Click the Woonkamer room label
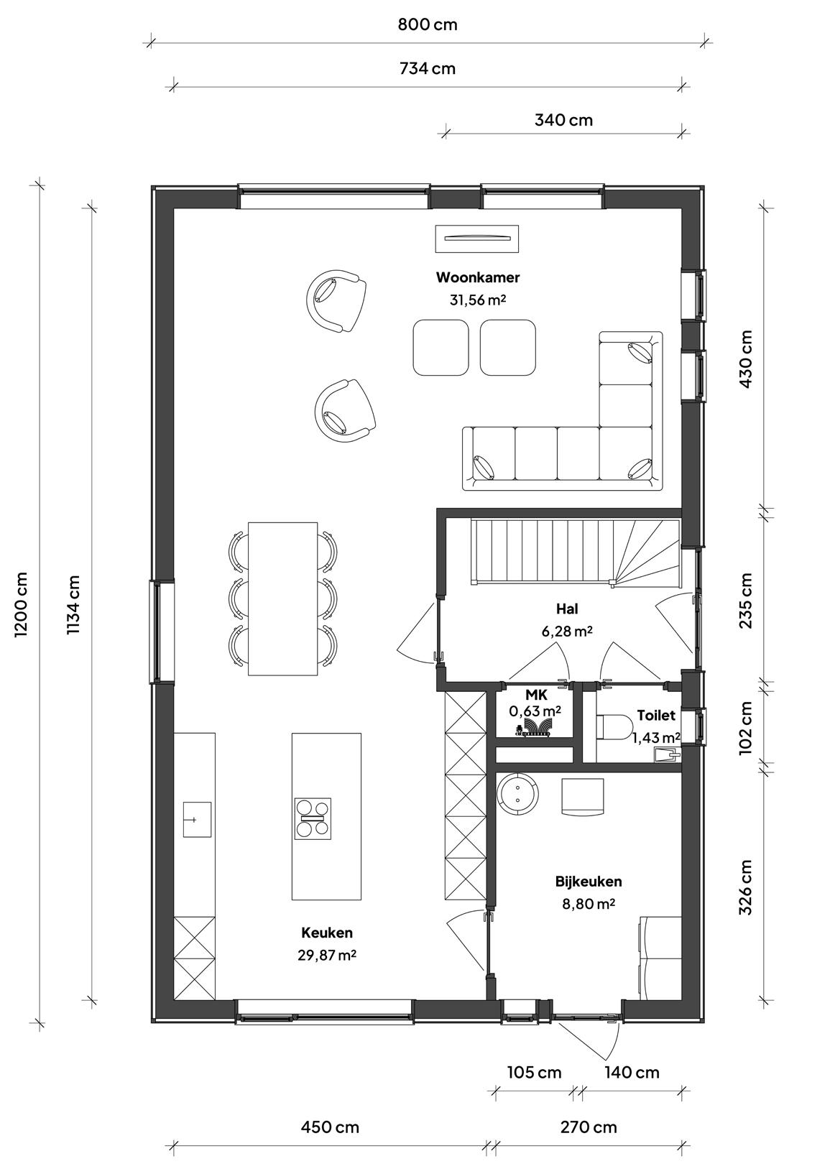coord(478,277)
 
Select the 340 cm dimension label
coord(563,120)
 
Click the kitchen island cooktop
coord(313,818)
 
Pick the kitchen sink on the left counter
coord(197,819)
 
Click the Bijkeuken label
coord(589,882)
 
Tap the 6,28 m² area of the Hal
coord(567,631)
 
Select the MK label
coord(536,695)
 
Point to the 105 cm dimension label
coord(534,1073)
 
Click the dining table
coord(282,598)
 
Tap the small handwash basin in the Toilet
coord(667,755)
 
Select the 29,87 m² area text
coord(327,955)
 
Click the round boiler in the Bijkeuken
coord(517,793)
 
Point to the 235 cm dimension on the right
coord(745,601)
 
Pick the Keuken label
coord(327,933)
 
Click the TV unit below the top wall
coord(476,239)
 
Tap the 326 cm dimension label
coord(745,887)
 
